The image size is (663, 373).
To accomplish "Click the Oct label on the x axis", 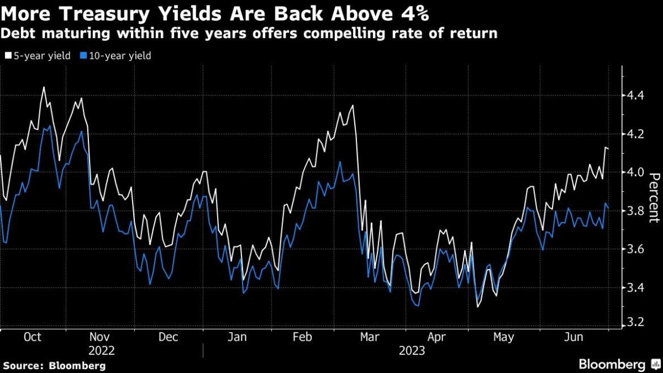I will [x=32, y=337].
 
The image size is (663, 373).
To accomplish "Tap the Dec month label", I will [x=168, y=337].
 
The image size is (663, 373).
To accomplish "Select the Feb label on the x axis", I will [x=302, y=337].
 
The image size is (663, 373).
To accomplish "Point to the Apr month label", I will [x=436, y=337].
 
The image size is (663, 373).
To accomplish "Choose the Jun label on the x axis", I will [x=574, y=337].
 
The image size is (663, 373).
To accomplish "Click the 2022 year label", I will [x=101, y=351].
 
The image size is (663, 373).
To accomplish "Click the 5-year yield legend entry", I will [x=39, y=56].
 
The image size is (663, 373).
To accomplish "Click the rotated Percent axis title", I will [x=653, y=196].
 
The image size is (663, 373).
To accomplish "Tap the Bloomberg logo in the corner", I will [x=611, y=364].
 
